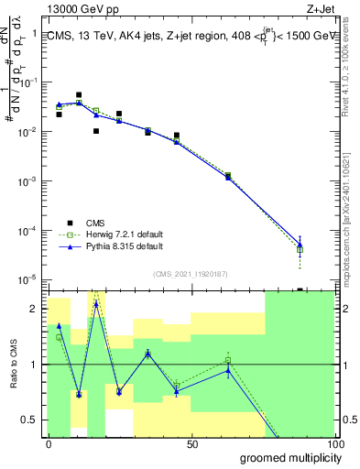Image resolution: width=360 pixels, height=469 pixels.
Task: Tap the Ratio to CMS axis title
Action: coord(27,364)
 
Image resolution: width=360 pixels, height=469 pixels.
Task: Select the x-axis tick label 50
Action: coord(193,443)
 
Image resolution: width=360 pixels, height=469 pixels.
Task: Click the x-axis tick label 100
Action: coord(335,443)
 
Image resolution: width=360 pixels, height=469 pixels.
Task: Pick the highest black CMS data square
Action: coord(79,94)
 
